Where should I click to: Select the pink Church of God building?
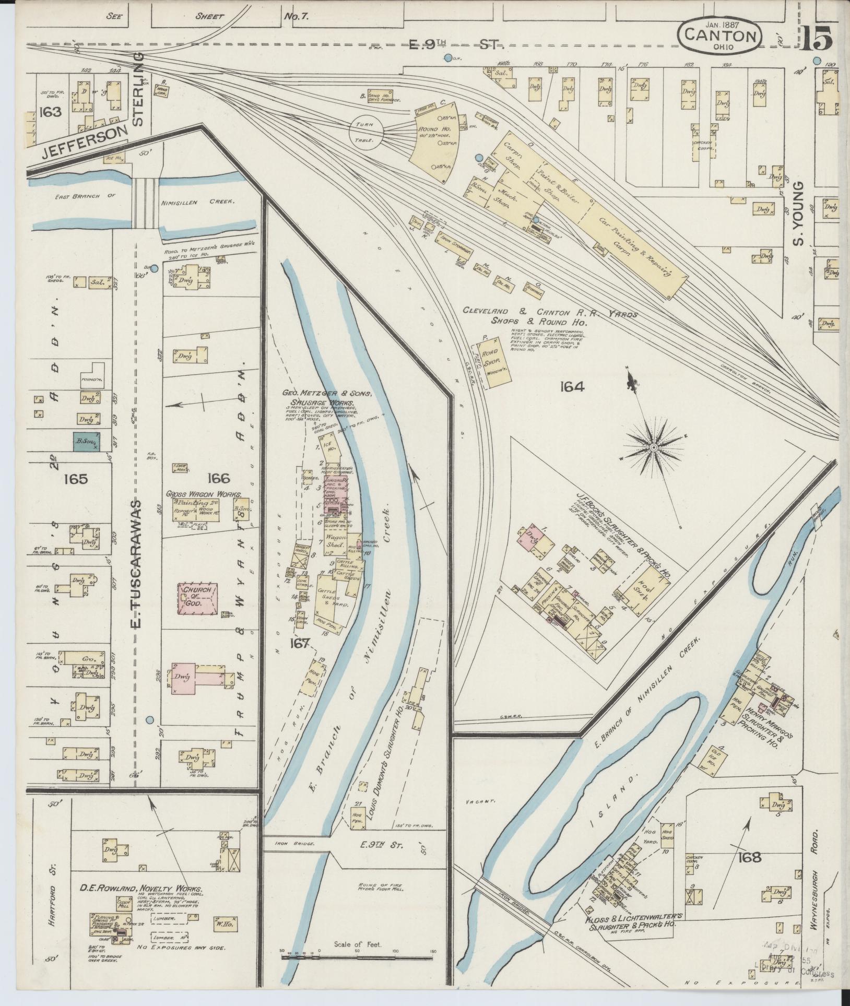(198, 598)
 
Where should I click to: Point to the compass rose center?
(653, 447)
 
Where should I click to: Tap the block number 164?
(572, 387)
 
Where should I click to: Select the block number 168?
(750, 857)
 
